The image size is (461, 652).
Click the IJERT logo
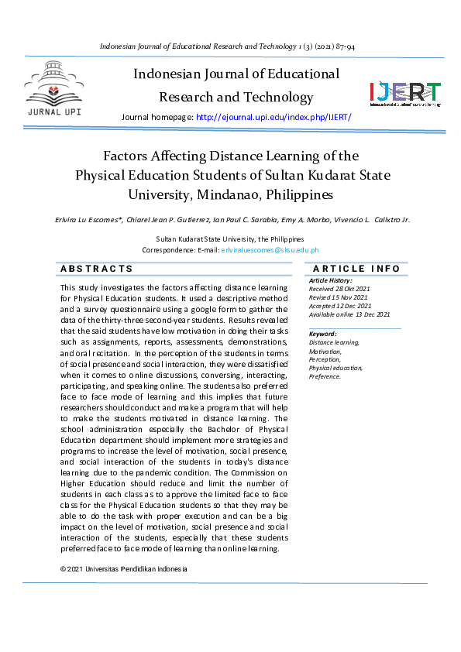(x=405, y=94)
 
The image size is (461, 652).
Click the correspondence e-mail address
(x=270, y=250)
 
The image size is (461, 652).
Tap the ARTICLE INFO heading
(x=356, y=269)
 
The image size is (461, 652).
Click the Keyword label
(x=323, y=334)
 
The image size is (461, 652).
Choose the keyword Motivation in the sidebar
(x=325, y=351)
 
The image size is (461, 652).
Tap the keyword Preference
(x=325, y=376)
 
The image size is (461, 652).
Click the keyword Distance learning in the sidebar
(x=334, y=342)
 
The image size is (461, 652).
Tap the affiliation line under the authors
(x=230, y=239)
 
